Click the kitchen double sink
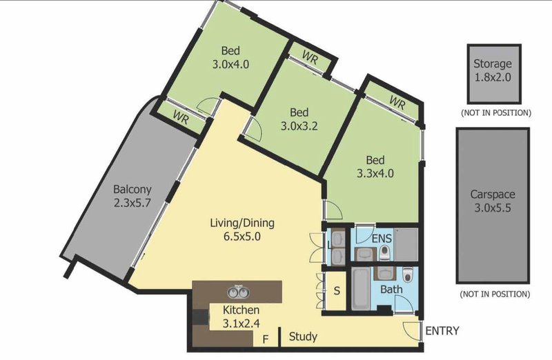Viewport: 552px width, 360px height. click(238, 291)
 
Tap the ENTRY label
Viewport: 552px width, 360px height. click(442, 331)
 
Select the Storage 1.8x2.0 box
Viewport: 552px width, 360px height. click(494, 74)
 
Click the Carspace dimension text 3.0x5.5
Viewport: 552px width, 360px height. click(492, 208)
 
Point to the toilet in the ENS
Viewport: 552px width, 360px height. click(385, 252)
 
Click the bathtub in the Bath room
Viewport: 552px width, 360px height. click(361, 288)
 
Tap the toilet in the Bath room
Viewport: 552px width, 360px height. click(407, 275)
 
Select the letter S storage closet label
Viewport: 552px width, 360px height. click(337, 291)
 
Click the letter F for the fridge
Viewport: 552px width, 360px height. click(266, 339)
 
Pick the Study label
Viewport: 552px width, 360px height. click(303, 337)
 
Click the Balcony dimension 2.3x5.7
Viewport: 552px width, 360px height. click(132, 203)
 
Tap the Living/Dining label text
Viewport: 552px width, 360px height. click(242, 223)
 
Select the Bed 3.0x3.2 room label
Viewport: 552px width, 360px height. click(299, 119)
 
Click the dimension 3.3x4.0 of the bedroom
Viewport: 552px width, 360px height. click(375, 173)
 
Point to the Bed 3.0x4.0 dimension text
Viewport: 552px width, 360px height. click(230, 64)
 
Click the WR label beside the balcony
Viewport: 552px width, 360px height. click(181, 117)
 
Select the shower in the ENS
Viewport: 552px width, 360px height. click(406, 245)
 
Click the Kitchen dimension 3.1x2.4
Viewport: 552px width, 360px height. click(241, 323)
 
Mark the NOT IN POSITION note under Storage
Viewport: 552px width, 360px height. click(495, 113)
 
